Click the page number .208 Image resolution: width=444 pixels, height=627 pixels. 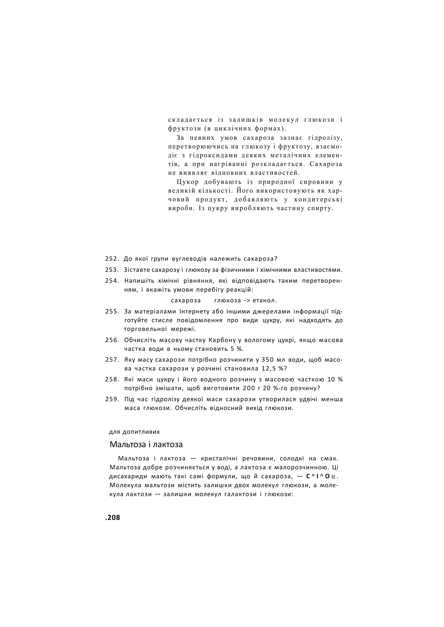pos(112,517)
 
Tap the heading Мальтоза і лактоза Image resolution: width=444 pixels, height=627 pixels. pos(146,444)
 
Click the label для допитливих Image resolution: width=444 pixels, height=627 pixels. pos(134,432)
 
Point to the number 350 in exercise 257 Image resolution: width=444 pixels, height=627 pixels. pos(267,360)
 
